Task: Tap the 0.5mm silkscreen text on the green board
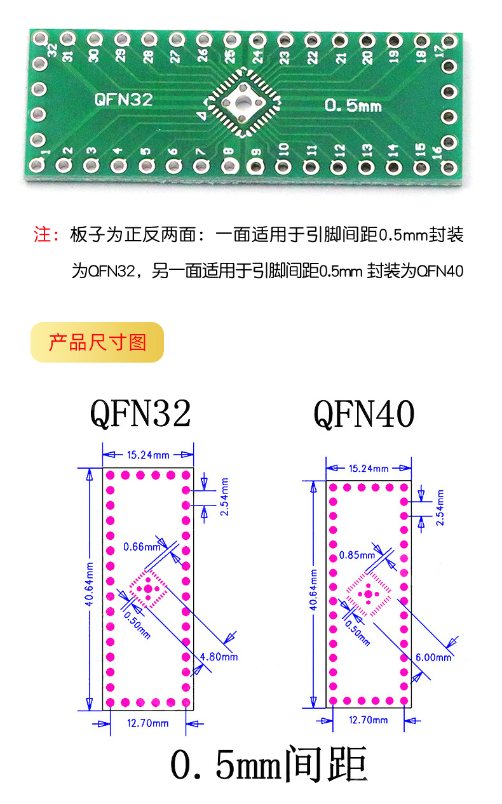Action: point(353,105)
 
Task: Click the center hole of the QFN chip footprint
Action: point(242,103)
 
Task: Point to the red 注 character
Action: point(41,235)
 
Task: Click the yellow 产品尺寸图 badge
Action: point(97,342)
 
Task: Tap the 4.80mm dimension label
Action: point(219,656)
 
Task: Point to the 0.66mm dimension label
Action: point(142,546)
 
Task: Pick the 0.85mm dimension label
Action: point(357,555)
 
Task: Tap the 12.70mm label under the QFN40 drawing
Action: point(369,720)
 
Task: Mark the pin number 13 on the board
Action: point(366,151)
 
